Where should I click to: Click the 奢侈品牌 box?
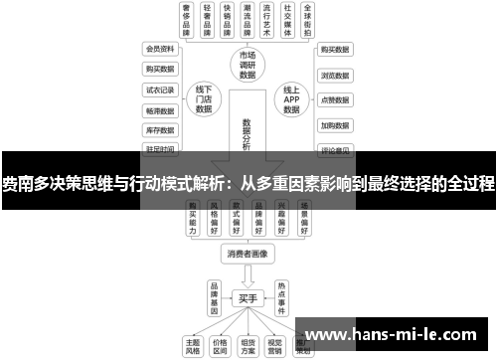[186, 20]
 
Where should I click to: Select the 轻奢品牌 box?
[208, 20]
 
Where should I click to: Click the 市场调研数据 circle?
[248, 65]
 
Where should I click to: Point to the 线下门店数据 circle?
[205, 99]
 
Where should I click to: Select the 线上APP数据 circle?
[291, 99]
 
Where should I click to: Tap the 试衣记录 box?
[159, 89]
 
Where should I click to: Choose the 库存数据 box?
[159, 129]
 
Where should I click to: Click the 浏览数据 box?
[334, 75]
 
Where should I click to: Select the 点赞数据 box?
[334, 100]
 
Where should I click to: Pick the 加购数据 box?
[334, 126]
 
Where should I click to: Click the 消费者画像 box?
[248, 254]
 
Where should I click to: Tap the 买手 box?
[248, 296]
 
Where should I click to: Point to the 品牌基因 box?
[214, 295]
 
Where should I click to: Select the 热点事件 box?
[282, 295]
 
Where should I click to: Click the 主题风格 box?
[194, 343]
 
